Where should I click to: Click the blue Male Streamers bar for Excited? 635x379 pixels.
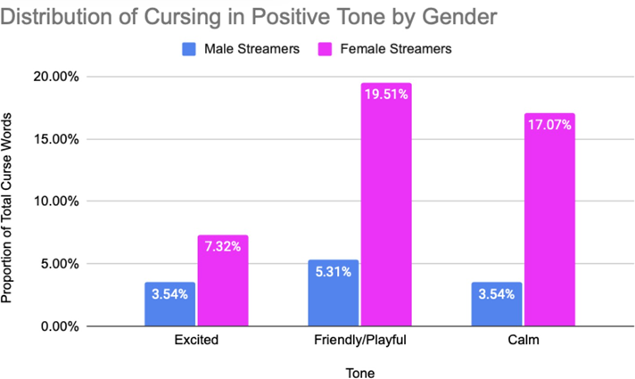point(169,304)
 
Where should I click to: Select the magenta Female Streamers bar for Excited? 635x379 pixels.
point(222,281)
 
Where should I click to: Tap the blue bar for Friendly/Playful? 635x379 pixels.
point(333,293)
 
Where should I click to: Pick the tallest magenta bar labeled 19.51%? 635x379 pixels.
point(385,205)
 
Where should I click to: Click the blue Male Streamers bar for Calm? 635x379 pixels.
point(497,304)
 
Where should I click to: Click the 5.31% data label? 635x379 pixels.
point(333,271)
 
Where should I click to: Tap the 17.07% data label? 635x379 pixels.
point(549,125)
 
